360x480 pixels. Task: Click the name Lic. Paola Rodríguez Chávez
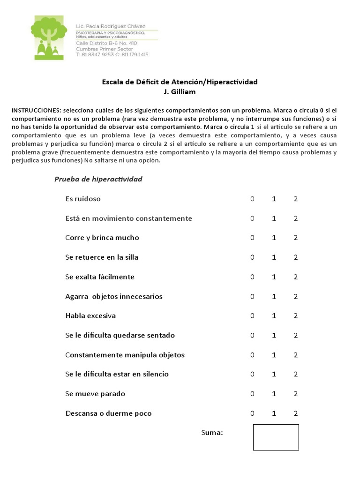111,26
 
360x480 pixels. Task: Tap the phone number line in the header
112,55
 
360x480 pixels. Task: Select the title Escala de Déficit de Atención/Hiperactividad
180,82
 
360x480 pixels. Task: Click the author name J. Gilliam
180,92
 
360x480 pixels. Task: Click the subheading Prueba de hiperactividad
98,179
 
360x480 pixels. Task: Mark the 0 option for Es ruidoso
252,199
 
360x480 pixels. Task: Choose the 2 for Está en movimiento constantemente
296,218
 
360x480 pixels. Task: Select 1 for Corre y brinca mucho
274,238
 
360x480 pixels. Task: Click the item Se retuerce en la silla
102,257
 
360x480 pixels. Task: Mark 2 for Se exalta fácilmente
296,277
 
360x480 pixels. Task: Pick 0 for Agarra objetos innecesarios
252,297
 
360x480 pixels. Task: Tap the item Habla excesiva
90,316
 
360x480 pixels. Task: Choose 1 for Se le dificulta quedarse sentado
274,336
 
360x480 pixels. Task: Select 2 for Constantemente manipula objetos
296,355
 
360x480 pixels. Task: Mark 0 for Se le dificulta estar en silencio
252,375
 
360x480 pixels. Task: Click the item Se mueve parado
95,394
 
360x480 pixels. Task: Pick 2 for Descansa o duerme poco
296,413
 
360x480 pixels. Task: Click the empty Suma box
276,437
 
